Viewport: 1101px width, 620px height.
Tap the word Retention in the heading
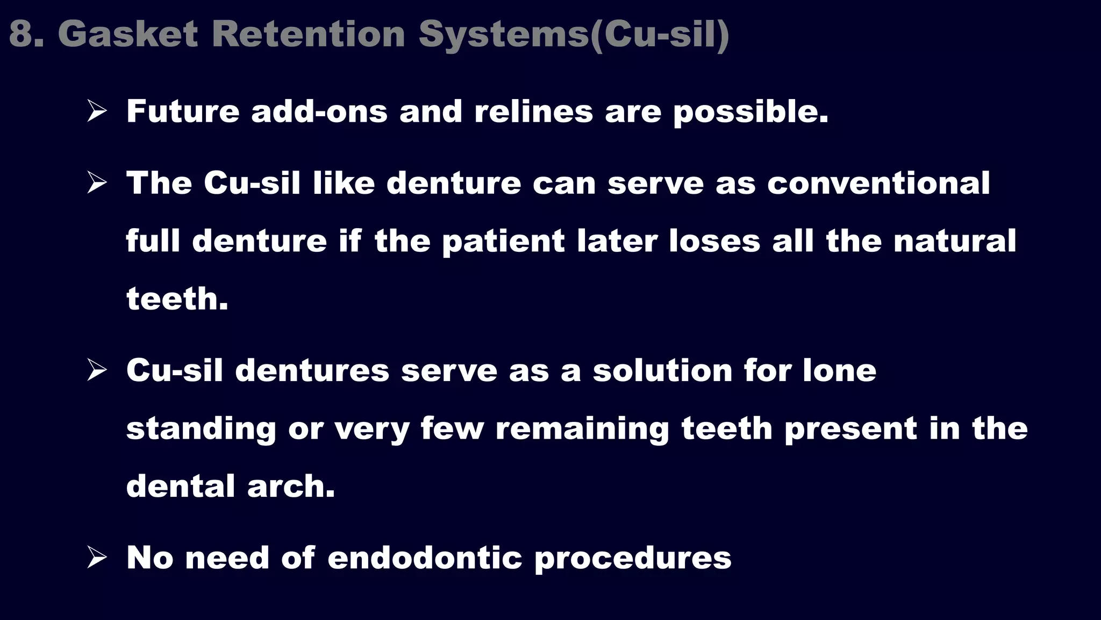click(308, 34)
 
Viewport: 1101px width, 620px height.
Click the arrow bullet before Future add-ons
click(97, 111)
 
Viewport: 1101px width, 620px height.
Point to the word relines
click(533, 111)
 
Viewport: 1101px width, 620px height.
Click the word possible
click(750, 112)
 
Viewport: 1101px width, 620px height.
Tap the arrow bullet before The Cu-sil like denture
click(97, 183)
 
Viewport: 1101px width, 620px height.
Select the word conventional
click(878, 183)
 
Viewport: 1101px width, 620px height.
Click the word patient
click(503, 241)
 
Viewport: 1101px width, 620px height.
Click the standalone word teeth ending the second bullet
click(177, 299)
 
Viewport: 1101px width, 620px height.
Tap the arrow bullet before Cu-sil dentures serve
click(97, 370)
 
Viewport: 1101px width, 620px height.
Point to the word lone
click(839, 371)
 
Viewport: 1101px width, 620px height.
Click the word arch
click(291, 486)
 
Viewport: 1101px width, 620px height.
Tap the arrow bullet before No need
click(97, 558)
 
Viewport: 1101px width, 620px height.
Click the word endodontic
click(425, 558)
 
